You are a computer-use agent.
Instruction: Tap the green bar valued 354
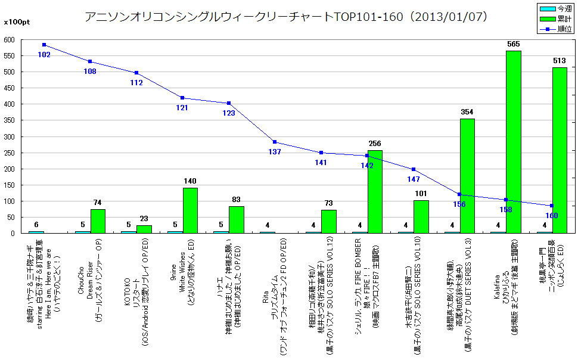point(467,176)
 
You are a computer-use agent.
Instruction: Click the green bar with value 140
point(190,210)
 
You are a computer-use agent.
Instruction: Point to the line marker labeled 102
point(44,45)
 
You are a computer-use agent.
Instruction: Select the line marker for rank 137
point(275,142)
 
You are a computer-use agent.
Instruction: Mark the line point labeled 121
point(182,98)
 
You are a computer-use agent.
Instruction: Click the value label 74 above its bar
point(98,203)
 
